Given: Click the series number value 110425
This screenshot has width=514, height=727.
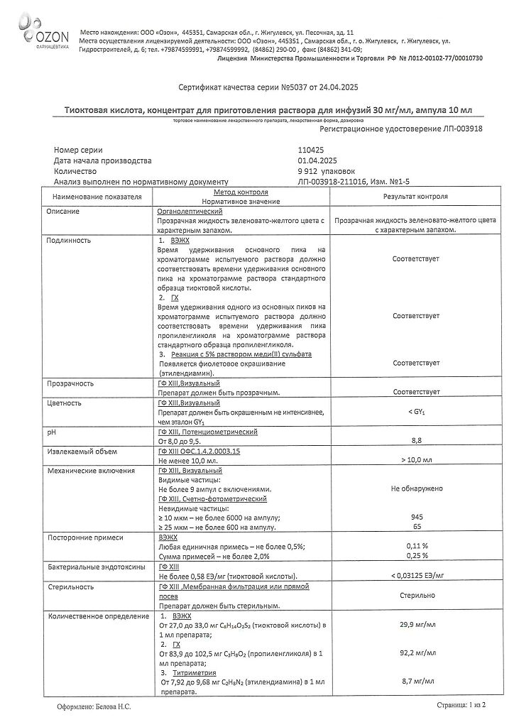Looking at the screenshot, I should pyautogui.click(x=315, y=151).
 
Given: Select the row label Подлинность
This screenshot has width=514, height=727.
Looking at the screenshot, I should pyautogui.click(x=68, y=240).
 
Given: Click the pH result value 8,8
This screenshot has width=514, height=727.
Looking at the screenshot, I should pyautogui.click(x=416, y=441).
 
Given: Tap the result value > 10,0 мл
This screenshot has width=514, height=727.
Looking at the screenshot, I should pyautogui.click(x=416, y=460).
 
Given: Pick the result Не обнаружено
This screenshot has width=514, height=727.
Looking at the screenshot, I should pyautogui.click(x=416, y=488).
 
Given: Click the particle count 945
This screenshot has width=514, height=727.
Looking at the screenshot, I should pyautogui.click(x=416, y=518).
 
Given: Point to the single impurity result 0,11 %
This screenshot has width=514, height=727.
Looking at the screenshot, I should pyautogui.click(x=416, y=546).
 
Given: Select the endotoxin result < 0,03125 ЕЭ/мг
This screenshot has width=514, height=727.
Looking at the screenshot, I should pyautogui.click(x=416, y=575).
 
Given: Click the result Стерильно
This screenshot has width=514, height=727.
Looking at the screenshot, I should pyautogui.click(x=416, y=597).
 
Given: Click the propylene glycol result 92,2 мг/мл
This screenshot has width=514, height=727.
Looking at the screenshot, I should pyautogui.click(x=416, y=652).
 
